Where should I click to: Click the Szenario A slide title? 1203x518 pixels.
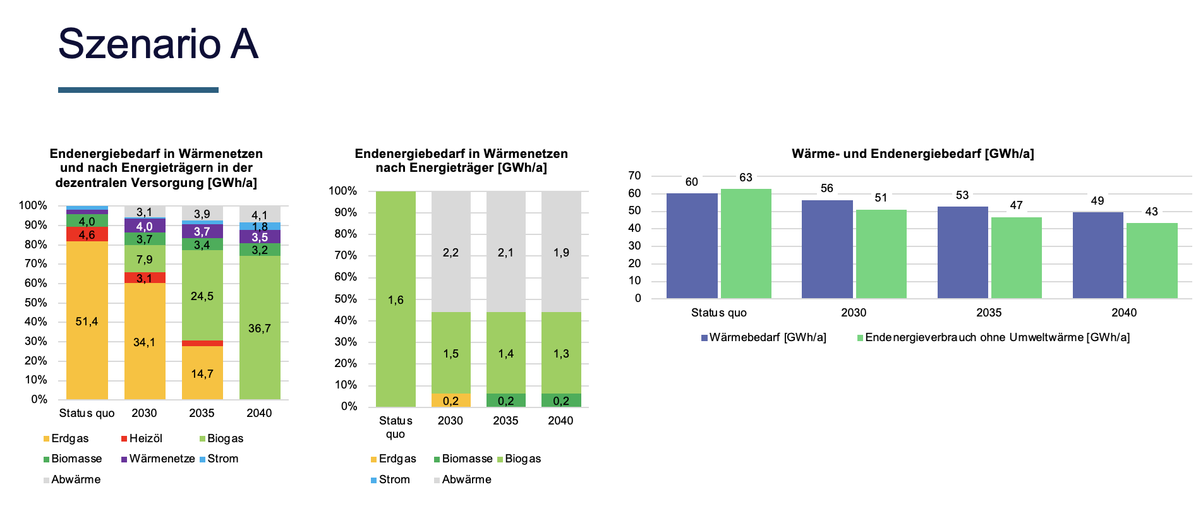[158, 44]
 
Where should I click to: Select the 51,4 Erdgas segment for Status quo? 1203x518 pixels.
[87, 322]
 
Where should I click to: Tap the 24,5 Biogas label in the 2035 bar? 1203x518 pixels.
[202, 296]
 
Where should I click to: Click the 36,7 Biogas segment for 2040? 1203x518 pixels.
[260, 328]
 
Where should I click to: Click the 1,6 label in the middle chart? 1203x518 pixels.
[396, 300]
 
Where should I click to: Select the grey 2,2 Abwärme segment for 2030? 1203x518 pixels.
[450, 253]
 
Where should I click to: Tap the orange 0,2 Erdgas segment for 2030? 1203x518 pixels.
[450, 401]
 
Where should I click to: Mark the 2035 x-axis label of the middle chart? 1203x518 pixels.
[505, 421]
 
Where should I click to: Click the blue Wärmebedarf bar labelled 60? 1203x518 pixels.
[692, 246]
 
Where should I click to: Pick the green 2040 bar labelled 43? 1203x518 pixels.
[1152, 261]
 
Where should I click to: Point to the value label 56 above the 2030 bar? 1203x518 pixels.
[827, 188]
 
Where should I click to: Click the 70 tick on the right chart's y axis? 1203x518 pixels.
[634, 176]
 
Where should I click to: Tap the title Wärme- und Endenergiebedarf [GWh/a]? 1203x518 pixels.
[912, 154]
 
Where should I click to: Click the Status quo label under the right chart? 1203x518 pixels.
[718, 313]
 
